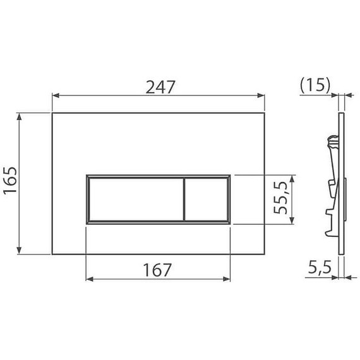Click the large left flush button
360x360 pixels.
click(135, 198)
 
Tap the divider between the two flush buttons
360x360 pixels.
click(184, 198)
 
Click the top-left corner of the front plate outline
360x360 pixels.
click(52, 113)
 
